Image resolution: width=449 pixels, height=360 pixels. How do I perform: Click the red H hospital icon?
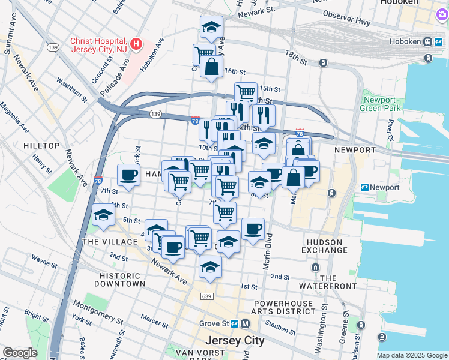coord(137,44)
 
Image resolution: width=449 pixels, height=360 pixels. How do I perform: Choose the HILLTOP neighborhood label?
coord(41,146)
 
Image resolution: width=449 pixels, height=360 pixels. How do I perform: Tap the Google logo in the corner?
coord(19,353)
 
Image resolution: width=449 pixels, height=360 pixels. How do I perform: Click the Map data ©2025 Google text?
coord(411,355)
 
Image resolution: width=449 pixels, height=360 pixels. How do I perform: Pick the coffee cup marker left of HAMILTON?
coord(128,175)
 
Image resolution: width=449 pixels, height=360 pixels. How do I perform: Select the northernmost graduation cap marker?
coord(211,27)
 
